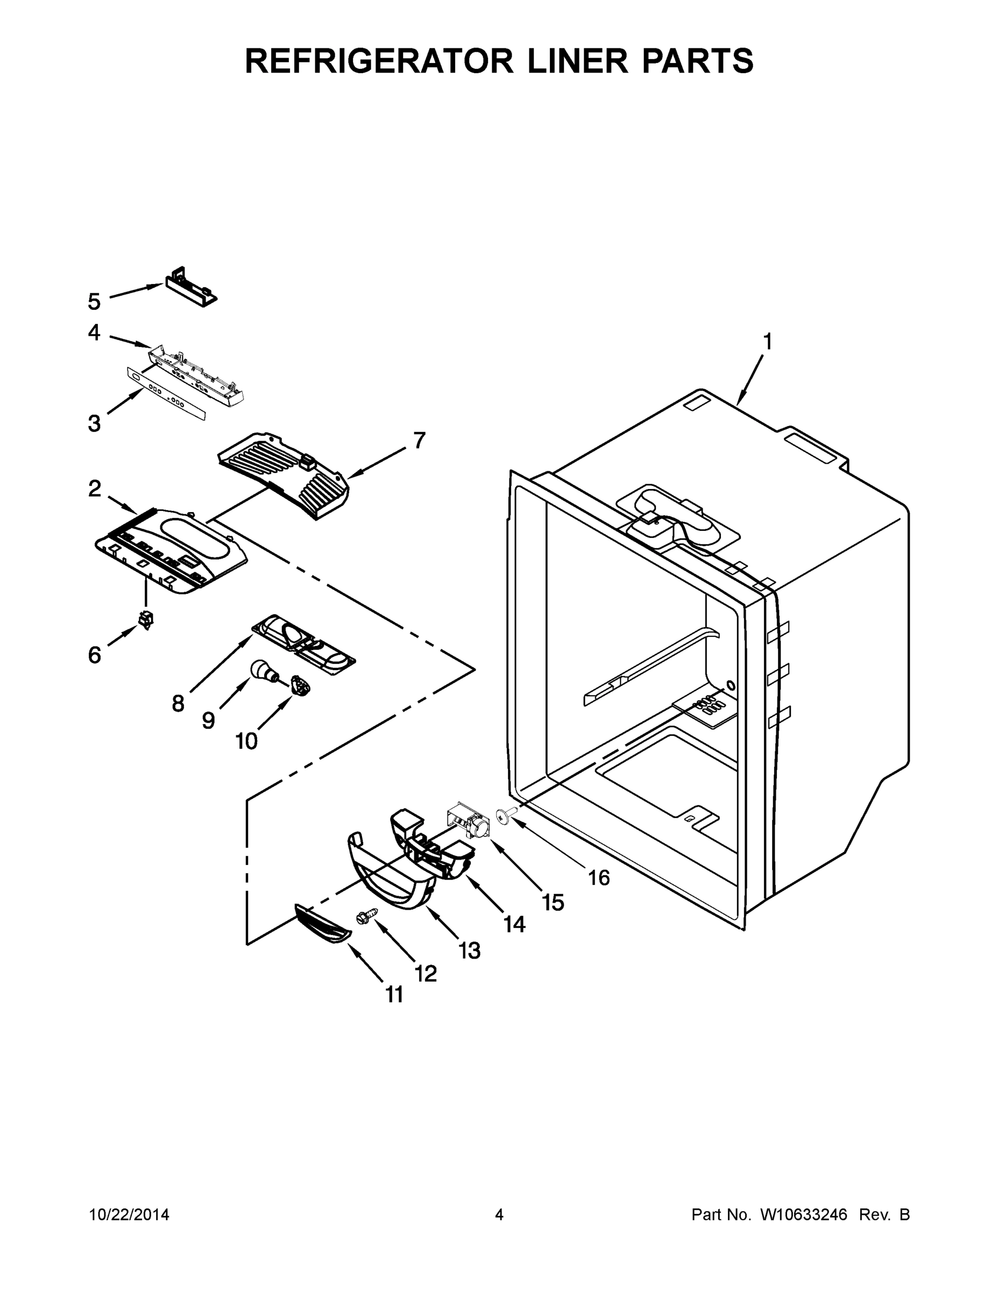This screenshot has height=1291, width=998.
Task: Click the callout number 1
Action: [767, 342]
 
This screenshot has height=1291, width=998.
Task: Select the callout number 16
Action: [599, 878]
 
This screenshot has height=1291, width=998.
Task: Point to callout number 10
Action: [246, 741]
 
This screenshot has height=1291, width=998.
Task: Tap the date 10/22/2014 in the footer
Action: [130, 1215]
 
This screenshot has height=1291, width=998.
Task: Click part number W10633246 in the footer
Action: [803, 1215]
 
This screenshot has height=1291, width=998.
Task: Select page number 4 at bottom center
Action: [499, 1215]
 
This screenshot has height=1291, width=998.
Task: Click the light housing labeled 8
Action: [303, 643]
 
